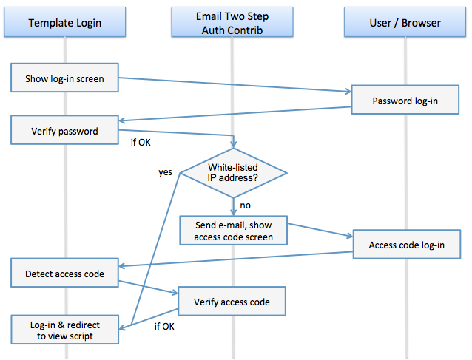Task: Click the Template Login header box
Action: pos(65,23)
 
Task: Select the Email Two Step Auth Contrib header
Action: pos(233,23)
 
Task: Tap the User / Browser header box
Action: pos(405,23)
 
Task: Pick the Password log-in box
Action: pos(405,101)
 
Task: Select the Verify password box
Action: pos(65,132)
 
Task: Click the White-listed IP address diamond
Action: pos(234,173)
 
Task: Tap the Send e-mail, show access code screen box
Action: pos(234,231)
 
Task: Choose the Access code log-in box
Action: pos(407,245)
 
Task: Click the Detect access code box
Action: pos(65,274)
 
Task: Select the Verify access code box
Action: pos(232,302)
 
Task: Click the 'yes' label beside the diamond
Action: pos(165,172)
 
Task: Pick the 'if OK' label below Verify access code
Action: pos(164,325)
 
